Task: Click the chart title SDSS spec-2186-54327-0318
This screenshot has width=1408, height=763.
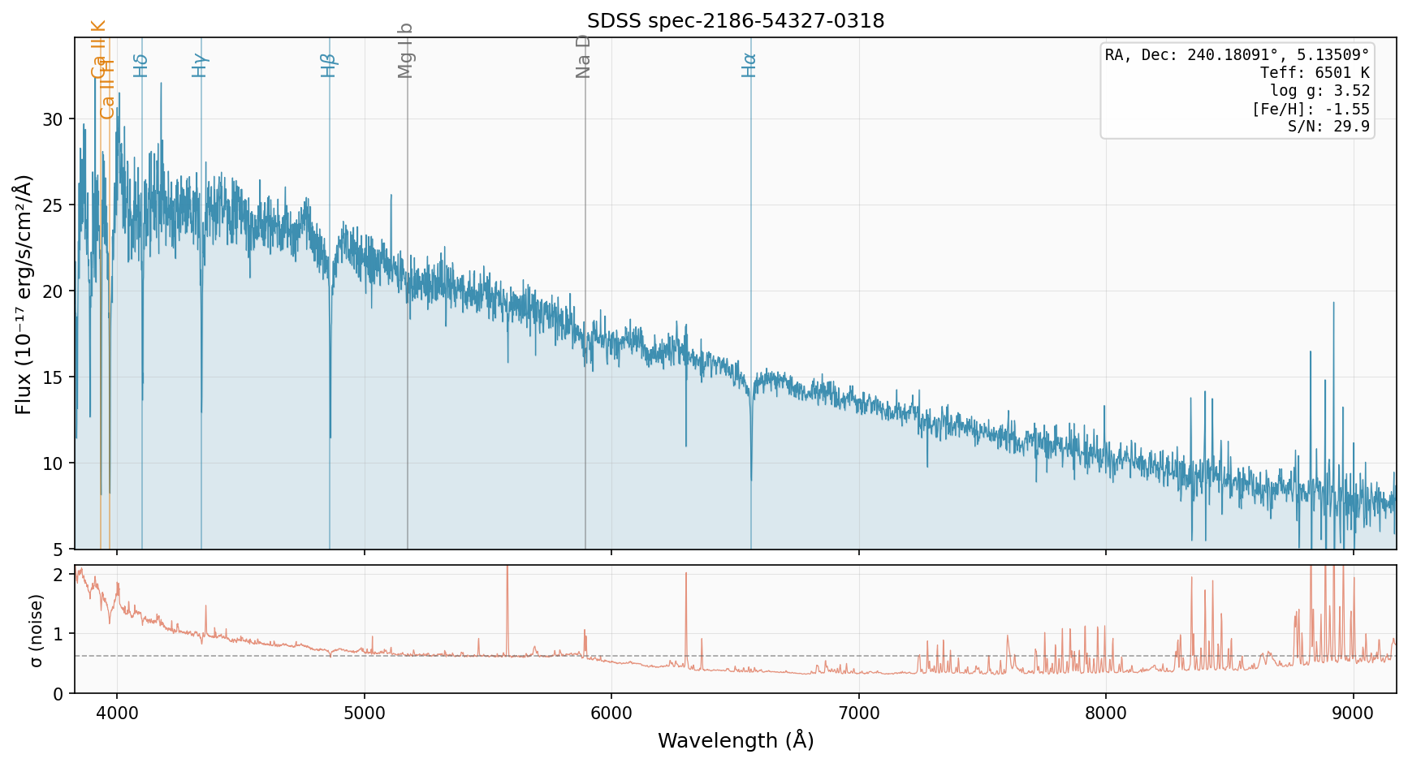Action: [736, 21]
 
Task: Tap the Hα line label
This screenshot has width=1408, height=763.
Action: [749, 65]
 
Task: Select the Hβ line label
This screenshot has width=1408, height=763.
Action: [328, 65]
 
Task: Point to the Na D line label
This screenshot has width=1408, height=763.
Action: [583, 56]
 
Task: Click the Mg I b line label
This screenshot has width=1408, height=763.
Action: [406, 50]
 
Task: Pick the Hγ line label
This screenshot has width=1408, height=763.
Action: [200, 65]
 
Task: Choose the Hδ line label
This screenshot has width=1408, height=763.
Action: [140, 65]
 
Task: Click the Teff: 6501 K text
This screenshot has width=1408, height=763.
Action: [1315, 73]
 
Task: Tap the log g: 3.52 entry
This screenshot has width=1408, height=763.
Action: [1319, 91]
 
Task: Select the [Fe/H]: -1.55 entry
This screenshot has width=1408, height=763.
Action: [1310, 110]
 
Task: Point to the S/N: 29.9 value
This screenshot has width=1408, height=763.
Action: [1328, 127]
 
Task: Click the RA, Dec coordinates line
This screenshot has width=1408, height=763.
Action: [1237, 54]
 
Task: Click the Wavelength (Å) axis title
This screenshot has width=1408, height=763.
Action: [736, 741]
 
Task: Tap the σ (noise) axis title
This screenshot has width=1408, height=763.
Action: [37, 630]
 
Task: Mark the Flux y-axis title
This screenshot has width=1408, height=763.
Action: [24, 294]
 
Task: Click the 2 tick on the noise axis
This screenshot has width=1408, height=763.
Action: [58, 575]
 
